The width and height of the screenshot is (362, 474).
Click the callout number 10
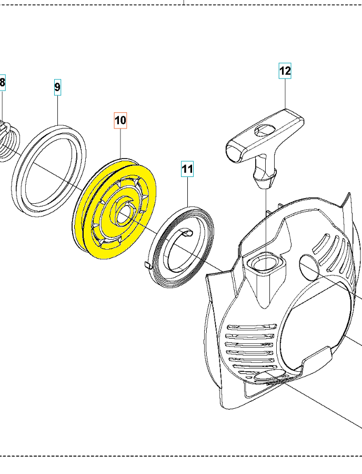tap(120, 121)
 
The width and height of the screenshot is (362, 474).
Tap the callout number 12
tap(285, 70)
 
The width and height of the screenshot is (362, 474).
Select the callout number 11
tap(188, 169)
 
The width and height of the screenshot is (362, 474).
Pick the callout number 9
tap(57, 86)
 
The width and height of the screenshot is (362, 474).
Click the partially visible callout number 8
tap(3, 82)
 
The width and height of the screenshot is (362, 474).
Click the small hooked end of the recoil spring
tap(148, 264)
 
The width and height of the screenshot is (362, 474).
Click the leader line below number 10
tap(120, 142)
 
